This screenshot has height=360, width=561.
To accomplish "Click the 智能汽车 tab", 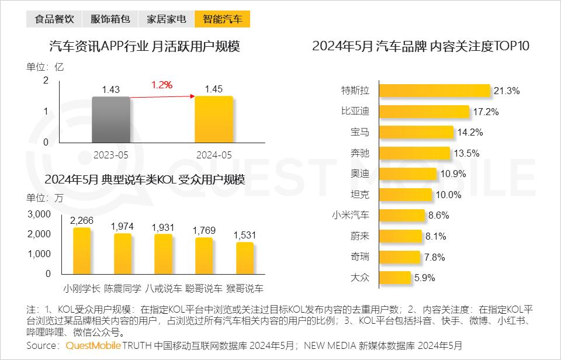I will (223, 19).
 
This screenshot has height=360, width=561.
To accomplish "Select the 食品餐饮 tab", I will (54, 19).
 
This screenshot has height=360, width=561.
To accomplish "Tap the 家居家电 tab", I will (167, 19).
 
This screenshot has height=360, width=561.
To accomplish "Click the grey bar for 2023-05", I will (110, 119).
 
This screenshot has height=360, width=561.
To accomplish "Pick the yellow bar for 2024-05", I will (214, 119).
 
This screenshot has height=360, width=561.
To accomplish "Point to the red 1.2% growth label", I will (162, 85).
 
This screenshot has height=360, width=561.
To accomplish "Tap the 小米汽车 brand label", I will (350, 215).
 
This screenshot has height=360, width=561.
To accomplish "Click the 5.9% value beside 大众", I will (424, 278).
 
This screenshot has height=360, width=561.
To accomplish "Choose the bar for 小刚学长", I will (82, 251).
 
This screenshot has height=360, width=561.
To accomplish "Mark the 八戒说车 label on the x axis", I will (163, 289).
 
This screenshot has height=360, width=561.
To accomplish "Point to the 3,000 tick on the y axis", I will (39, 214).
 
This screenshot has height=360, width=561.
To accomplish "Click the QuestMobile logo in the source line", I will (93, 346).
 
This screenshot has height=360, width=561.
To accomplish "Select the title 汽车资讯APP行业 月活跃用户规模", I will (145, 47).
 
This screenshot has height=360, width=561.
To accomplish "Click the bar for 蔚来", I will (400, 236).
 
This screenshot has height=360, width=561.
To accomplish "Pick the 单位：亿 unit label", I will (45, 67).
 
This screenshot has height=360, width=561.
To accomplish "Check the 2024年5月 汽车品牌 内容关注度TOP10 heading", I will (421, 47).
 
